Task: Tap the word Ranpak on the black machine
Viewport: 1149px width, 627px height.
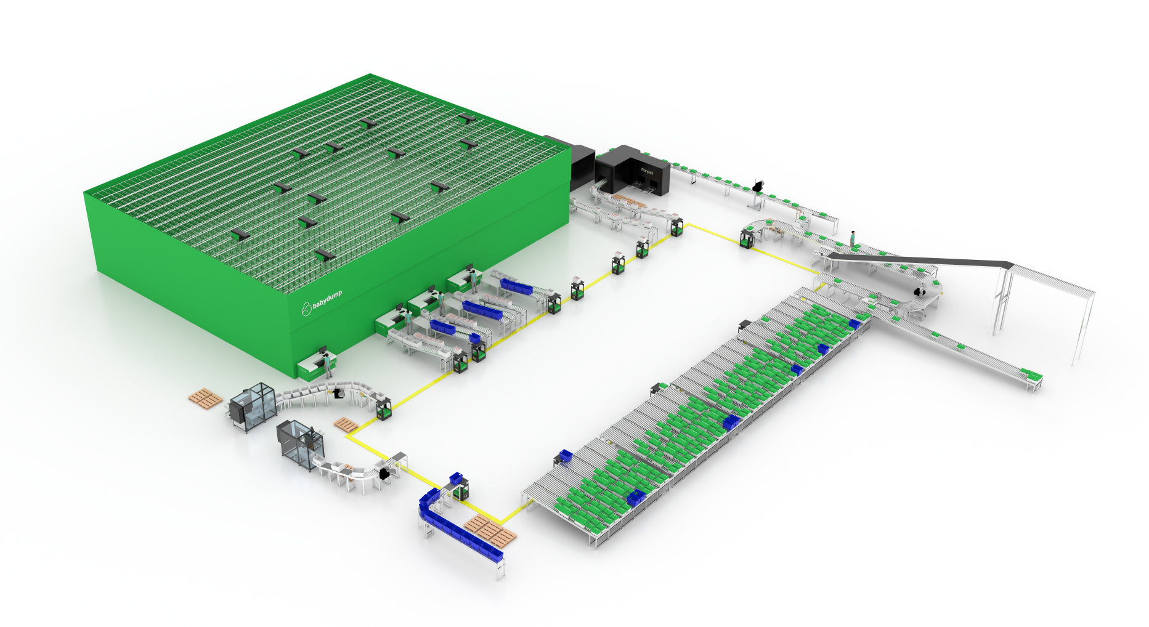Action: (x=646, y=171)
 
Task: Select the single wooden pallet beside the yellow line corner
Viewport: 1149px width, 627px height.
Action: (x=344, y=424)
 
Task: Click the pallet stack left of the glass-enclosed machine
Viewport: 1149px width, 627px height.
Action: (x=205, y=398)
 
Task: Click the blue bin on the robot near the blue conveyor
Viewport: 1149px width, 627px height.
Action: (x=457, y=478)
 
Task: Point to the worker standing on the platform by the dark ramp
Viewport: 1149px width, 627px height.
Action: (x=853, y=239)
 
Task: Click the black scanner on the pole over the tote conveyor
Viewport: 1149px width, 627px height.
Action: (x=758, y=185)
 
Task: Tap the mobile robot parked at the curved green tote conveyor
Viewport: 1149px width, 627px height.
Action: (x=747, y=238)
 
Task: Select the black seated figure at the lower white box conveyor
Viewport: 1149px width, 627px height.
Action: (x=386, y=474)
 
